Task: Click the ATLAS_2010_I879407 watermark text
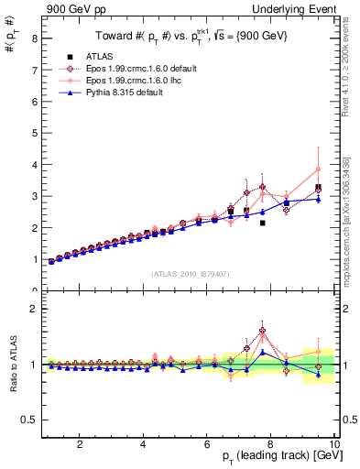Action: (189, 273)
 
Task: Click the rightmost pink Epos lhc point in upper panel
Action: (318, 169)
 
